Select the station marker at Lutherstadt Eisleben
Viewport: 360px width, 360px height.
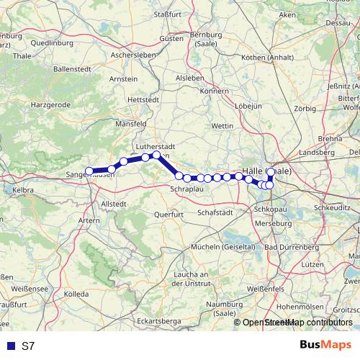156,155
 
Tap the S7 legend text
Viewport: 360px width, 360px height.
28,346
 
